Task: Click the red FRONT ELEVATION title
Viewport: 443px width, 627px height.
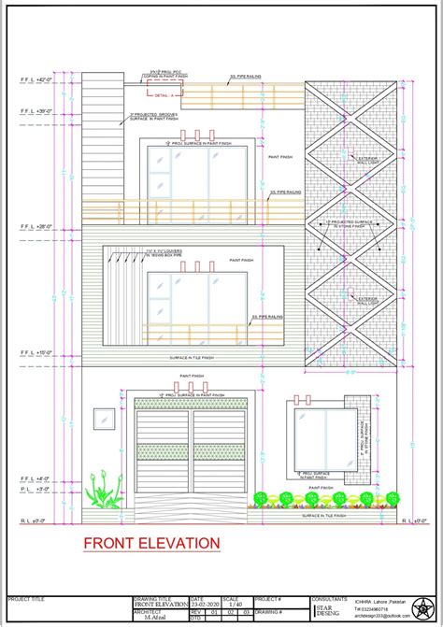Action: point(151,542)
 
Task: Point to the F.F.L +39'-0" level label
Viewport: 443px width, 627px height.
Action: point(33,112)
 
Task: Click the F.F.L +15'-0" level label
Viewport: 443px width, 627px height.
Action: point(33,353)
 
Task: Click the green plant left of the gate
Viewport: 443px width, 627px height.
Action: point(102,492)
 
